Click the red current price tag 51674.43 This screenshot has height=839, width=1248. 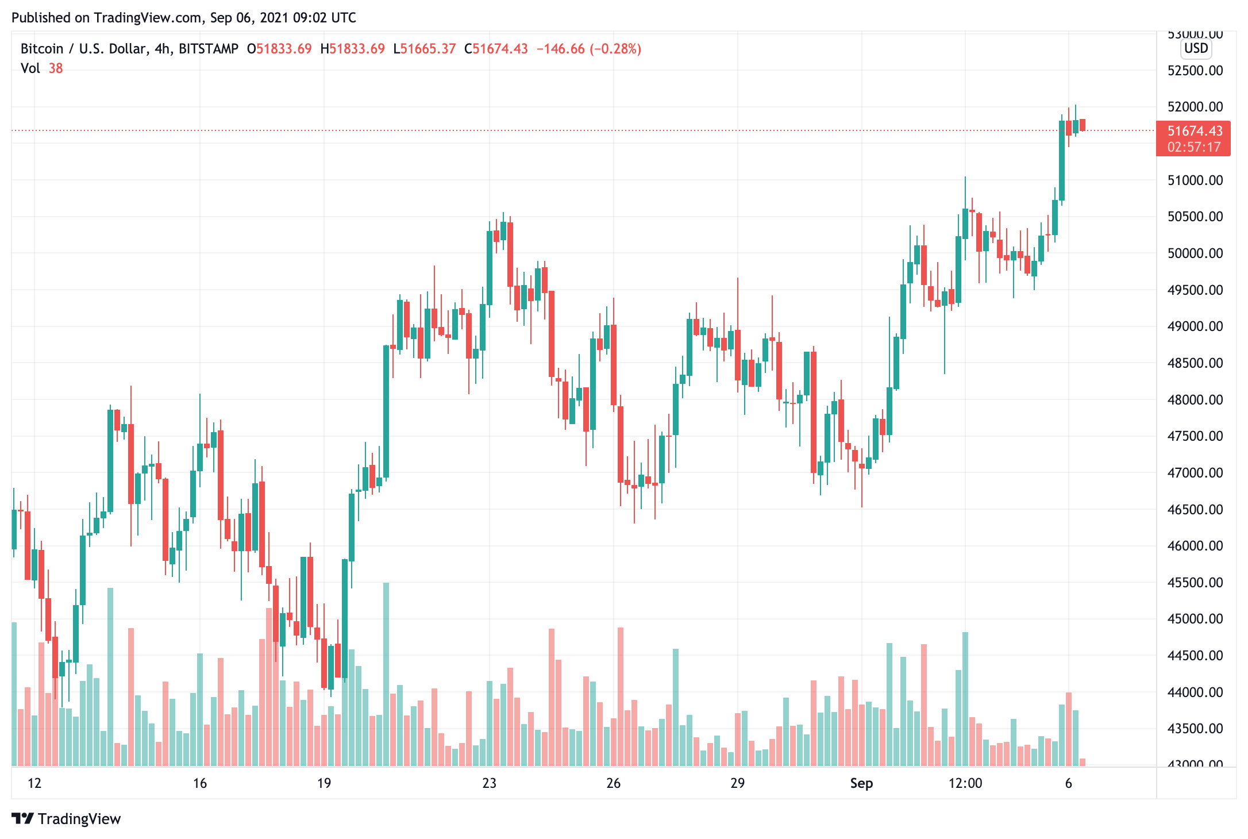click(1195, 131)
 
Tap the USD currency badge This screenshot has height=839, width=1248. click(1196, 48)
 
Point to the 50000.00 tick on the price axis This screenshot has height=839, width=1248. click(1195, 253)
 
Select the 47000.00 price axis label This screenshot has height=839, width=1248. click(1195, 473)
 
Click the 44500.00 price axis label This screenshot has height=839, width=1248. click(1195, 656)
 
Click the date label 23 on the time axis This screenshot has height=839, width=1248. click(489, 783)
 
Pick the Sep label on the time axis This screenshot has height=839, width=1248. click(861, 783)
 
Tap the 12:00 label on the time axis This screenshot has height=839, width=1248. click(965, 783)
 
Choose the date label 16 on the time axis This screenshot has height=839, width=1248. click(199, 783)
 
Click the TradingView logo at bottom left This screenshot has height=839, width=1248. click(66, 819)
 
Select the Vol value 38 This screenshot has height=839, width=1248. click(56, 68)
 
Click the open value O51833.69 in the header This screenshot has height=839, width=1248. click(279, 49)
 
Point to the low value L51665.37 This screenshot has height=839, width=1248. click(425, 49)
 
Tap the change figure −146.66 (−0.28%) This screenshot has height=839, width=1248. click(589, 49)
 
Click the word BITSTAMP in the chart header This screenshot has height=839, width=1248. click(209, 49)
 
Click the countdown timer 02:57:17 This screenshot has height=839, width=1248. click(1194, 147)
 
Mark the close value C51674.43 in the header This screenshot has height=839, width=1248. click(496, 49)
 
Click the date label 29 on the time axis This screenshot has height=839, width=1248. click(737, 783)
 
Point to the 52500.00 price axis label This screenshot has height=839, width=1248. click(1195, 71)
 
